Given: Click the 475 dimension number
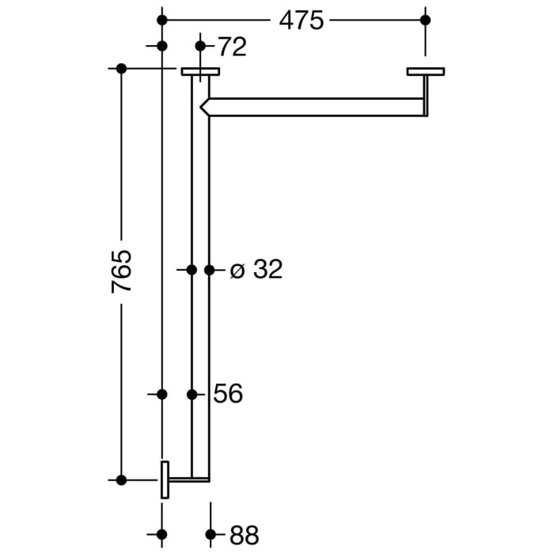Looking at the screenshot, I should [302, 20].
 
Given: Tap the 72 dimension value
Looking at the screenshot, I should [231, 47].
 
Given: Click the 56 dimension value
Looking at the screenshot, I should [228, 393].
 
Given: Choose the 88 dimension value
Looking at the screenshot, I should [244, 535].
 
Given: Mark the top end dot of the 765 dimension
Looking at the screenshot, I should [121, 69].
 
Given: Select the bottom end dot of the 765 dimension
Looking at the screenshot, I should [121, 480].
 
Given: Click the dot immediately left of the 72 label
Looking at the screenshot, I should [200, 46].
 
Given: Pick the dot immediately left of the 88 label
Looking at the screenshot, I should [210, 534].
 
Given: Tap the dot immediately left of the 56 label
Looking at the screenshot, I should [192, 393].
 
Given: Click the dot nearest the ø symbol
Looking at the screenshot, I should [209, 270].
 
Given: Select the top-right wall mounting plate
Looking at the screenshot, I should [426, 72].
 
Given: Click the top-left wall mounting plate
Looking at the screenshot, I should [200, 72].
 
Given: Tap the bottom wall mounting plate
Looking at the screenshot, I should [165, 480].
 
